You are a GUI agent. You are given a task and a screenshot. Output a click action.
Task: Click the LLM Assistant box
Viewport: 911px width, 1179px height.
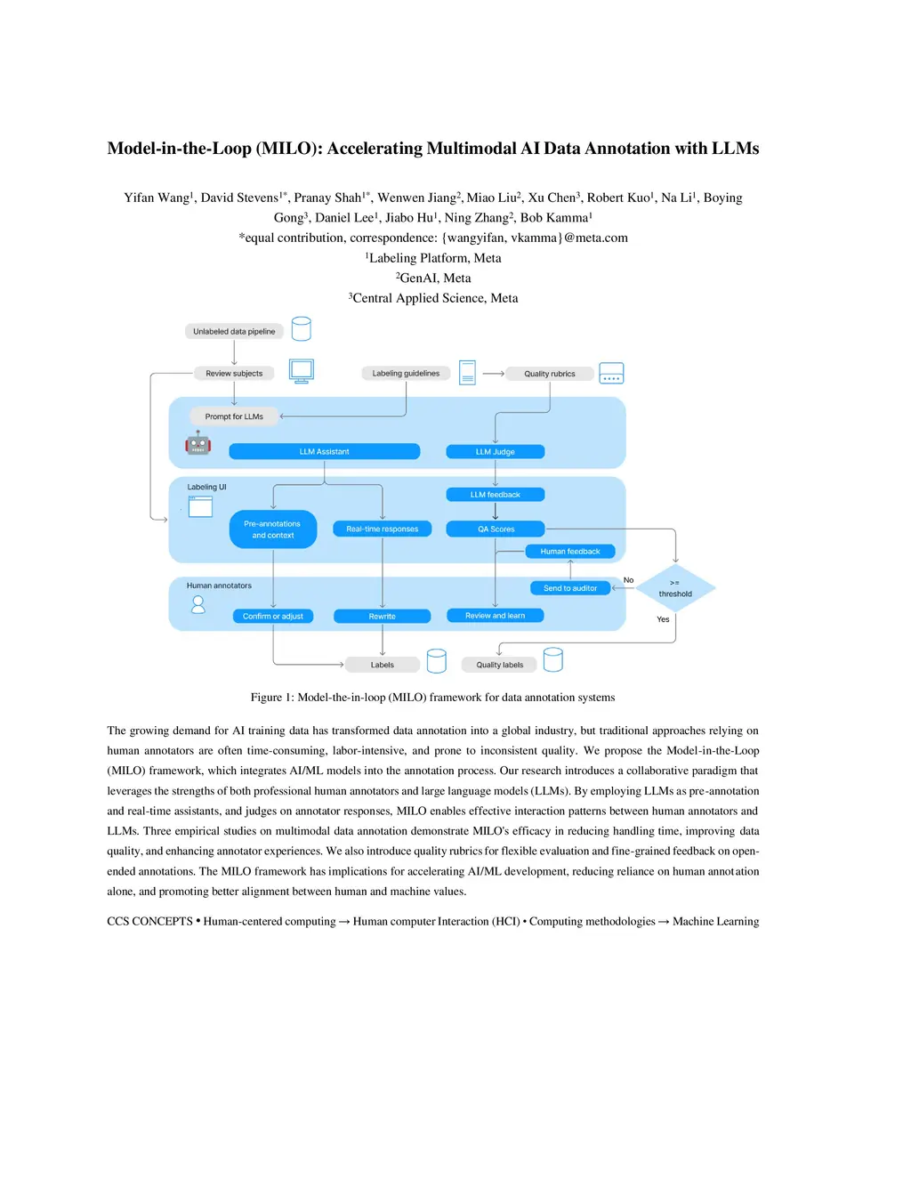[x=324, y=451]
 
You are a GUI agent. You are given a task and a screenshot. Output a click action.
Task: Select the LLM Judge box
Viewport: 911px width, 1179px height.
[x=495, y=451]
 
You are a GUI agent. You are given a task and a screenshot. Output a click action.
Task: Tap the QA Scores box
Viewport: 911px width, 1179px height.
[x=496, y=529]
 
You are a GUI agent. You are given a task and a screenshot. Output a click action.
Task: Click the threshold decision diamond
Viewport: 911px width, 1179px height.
[x=675, y=588]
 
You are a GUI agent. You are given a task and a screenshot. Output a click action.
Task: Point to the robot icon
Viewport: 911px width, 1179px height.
[x=198, y=443]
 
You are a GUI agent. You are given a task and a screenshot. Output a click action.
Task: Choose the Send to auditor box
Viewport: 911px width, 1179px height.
[x=570, y=587]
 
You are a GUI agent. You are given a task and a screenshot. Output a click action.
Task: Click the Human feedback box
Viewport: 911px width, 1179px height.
[x=570, y=551]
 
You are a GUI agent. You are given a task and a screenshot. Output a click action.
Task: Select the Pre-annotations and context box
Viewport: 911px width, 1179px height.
[x=272, y=529]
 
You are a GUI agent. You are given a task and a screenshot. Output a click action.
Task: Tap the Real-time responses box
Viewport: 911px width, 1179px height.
[x=382, y=529]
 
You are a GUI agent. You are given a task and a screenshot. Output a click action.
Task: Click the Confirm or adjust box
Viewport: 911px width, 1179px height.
[x=272, y=616]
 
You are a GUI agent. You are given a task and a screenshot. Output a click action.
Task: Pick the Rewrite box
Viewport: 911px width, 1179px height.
[x=382, y=616]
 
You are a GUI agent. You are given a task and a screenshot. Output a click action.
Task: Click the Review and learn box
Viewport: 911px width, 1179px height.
[x=495, y=615]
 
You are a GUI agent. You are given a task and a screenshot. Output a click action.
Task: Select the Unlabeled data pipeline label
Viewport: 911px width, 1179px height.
[x=234, y=331]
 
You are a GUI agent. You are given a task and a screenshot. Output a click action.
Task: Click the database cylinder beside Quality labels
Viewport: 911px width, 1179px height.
[x=553, y=659]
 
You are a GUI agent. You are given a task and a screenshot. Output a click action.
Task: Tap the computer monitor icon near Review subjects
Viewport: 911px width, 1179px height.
[x=302, y=371]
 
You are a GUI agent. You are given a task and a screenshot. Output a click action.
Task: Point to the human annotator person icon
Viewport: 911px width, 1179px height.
[x=198, y=604]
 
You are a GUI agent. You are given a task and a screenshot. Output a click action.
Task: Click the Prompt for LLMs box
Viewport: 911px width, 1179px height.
[x=234, y=416]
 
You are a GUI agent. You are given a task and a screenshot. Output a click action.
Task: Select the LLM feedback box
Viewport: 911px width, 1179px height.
[x=495, y=494]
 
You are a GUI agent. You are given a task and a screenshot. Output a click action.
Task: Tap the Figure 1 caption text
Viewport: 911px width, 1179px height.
[x=432, y=697]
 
